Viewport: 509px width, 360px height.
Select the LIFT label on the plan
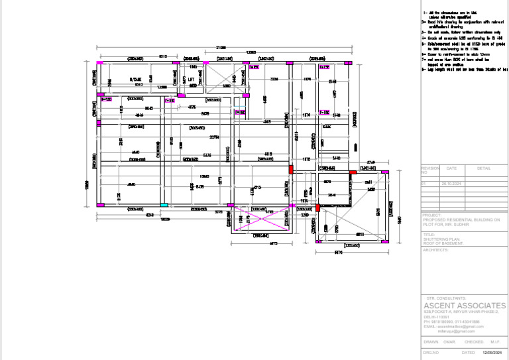[x=191, y=80]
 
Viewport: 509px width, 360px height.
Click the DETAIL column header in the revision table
[x=484, y=168]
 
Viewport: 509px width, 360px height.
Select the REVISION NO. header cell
[x=430, y=170]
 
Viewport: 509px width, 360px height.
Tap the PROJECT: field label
[x=432, y=215]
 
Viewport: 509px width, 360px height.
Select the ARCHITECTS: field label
[x=437, y=251]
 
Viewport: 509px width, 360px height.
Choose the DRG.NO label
[x=431, y=353]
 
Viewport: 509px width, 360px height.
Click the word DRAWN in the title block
[x=431, y=342]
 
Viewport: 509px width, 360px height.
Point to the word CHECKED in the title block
[x=474, y=342]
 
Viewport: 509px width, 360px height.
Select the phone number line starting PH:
[x=451, y=322]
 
